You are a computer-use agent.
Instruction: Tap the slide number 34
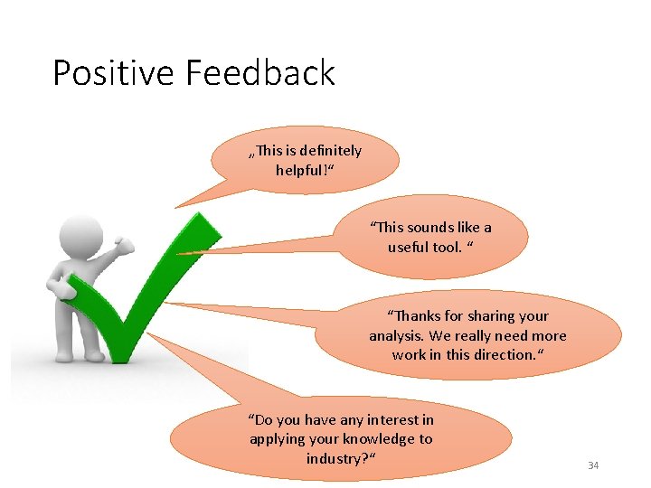click(593, 465)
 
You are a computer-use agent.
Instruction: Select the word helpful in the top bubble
click(302, 170)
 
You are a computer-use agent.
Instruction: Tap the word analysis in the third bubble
click(396, 335)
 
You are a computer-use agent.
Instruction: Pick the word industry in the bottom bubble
click(337, 458)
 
